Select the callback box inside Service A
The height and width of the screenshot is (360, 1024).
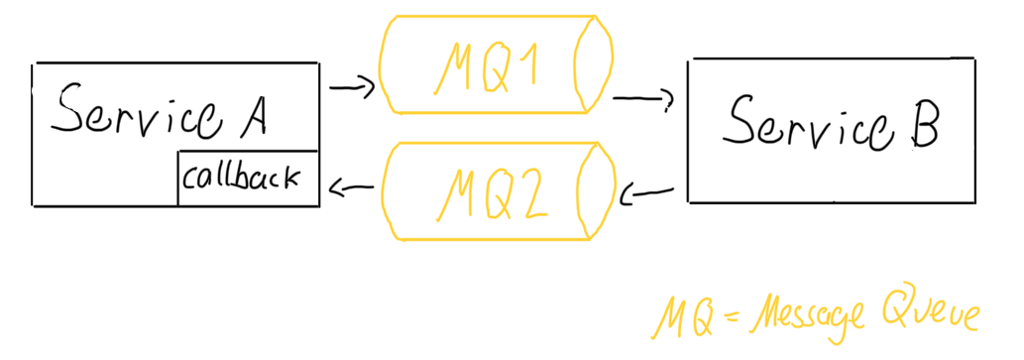(248, 179)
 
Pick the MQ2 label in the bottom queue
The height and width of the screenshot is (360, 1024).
(486, 194)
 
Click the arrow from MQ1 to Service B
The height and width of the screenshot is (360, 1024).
(644, 99)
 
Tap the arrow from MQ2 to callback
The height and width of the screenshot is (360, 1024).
(352, 186)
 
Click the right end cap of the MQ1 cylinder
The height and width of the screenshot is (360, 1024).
(591, 64)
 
